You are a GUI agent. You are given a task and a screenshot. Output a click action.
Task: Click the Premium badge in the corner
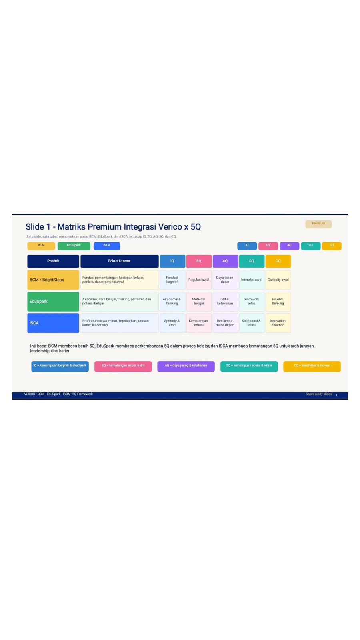coord(318,224)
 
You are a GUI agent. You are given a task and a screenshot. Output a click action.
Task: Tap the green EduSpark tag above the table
coord(74,246)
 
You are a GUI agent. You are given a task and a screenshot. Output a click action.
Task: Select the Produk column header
coord(53,261)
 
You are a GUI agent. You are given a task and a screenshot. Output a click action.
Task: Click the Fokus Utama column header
coord(120,261)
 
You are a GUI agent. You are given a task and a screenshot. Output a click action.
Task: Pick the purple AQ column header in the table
coord(225,261)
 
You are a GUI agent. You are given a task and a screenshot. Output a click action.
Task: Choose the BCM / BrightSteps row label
coord(53,280)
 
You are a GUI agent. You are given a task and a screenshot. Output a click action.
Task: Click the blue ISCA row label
coord(53,323)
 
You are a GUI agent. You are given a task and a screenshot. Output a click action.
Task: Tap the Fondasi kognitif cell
coord(172,280)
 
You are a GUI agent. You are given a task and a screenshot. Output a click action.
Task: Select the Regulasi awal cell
coord(199,280)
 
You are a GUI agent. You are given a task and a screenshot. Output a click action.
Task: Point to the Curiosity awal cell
coord(278,280)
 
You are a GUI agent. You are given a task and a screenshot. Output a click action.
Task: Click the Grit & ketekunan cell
coord(225,302)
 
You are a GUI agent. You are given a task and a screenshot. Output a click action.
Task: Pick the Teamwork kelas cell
coord(252,302)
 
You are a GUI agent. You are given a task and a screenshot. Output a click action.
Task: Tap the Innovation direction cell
coord(278,323)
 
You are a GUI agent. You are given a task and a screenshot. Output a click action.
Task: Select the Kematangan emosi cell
coord(199,323)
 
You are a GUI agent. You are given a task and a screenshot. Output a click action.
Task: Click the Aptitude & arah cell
coord(172,323)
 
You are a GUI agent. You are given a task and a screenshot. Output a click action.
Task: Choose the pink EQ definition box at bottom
coord(123,366)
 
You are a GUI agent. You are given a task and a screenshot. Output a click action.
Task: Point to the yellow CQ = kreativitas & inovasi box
coord(312,366)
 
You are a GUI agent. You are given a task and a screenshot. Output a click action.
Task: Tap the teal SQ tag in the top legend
coord(310,246)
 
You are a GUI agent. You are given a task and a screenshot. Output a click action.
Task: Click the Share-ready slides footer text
coord(319,394)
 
